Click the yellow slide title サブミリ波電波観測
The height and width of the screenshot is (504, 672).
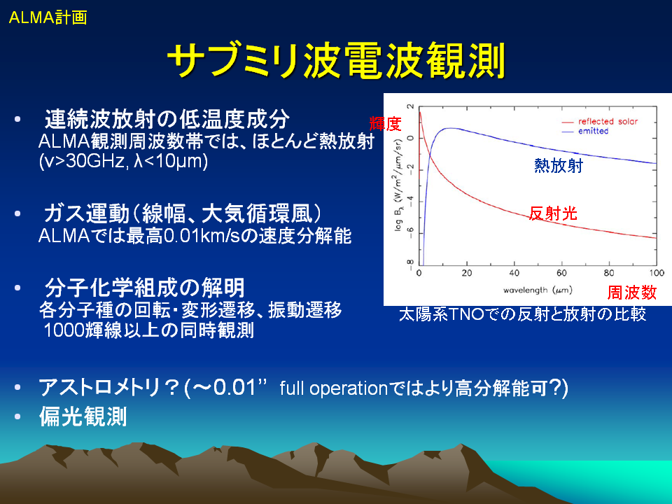click(337, 60)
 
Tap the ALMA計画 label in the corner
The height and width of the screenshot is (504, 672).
click(48, 17)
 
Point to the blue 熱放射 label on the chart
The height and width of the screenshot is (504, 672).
click(559, 165)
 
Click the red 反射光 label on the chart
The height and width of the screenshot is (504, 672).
click(553, 213)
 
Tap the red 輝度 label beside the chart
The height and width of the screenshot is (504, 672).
click(385, 124)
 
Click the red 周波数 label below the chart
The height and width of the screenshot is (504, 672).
click(631, 293)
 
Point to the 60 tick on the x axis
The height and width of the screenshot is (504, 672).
click(561, 273)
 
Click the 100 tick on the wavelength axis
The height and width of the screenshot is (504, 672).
click(656, 273)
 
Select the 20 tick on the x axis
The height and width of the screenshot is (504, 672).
click(467, 273)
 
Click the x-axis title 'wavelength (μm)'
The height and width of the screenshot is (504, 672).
click(538, 290)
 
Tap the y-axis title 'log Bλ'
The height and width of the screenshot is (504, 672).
click(399, 218)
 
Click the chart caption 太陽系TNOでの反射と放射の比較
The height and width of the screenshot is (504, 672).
click(522, 314)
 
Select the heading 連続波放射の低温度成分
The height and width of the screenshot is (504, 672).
click(167, 119)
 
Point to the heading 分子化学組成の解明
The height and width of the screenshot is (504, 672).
click(144, 288)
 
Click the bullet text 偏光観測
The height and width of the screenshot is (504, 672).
click(83, 416)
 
